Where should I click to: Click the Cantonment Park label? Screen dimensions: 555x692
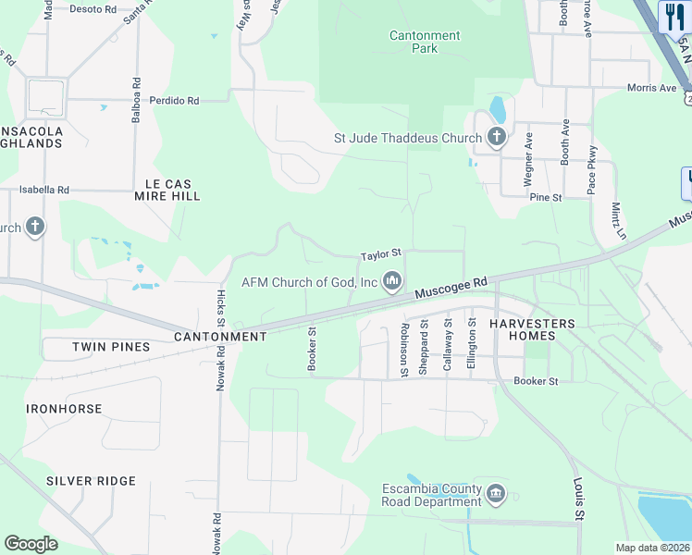(425, 42)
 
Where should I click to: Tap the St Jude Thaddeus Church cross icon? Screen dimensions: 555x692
(497, 139)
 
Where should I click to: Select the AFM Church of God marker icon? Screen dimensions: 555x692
(392, 280)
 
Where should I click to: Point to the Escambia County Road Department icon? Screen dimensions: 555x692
(496, 494)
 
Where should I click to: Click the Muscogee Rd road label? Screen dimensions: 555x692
(451, 288)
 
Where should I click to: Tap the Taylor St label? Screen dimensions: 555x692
(380, 253)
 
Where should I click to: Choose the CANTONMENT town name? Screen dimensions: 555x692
(220, 337)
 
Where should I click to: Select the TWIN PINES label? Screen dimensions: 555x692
(111, 347)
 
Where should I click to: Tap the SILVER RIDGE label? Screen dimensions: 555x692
(91, 481)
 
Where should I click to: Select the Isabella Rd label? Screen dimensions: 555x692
(45, 190)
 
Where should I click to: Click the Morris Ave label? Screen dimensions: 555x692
(651, 88)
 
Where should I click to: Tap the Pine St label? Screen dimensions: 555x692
(546, 197)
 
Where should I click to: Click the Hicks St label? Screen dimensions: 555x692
(220, 306)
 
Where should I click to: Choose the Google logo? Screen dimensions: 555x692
(31, 544)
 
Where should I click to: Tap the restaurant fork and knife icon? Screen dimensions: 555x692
(673, 16)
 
